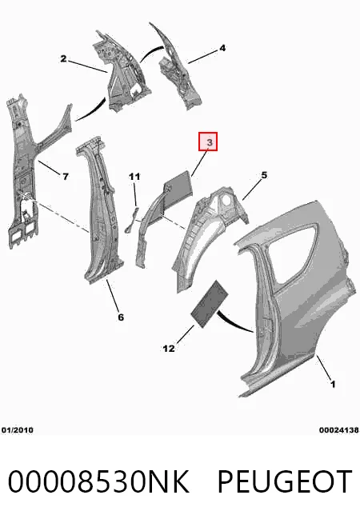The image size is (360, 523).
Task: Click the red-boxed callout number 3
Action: (209, 142)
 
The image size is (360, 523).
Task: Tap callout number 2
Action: (63, 59)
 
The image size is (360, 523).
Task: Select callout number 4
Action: (222, 48)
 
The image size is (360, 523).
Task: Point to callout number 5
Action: (264, 175)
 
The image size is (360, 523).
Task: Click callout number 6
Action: (121, 317)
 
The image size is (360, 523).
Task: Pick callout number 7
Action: (66, 177)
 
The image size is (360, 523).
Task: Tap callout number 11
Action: (134, 176)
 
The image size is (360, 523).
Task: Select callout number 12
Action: (169, 349)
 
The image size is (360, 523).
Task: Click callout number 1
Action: (333, 384)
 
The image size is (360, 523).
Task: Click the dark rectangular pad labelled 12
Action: (209, 304)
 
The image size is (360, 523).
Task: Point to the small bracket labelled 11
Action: (132, 219)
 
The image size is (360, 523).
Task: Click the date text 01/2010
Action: (18, 430)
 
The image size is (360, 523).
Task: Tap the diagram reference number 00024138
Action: (338, 430)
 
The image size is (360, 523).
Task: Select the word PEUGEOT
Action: (285, 481)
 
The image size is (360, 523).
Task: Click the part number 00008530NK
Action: (98, 481)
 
